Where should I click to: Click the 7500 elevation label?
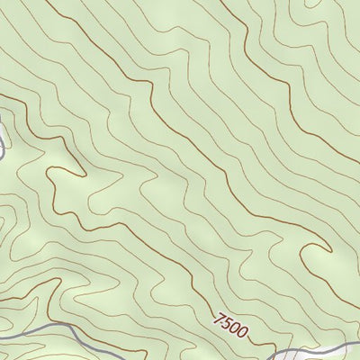pos(231,324)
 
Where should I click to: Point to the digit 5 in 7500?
pos(228,322)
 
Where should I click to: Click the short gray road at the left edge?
pos(3,144)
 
